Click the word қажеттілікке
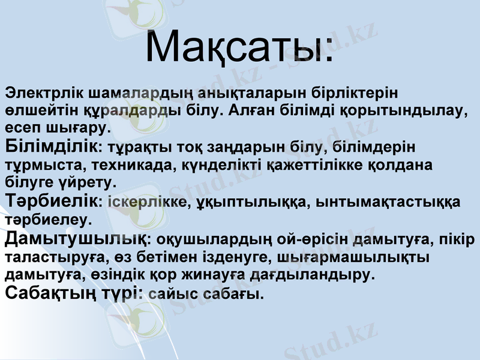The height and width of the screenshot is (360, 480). pos(315,163)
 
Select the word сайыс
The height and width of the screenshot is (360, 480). pos(168,294)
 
